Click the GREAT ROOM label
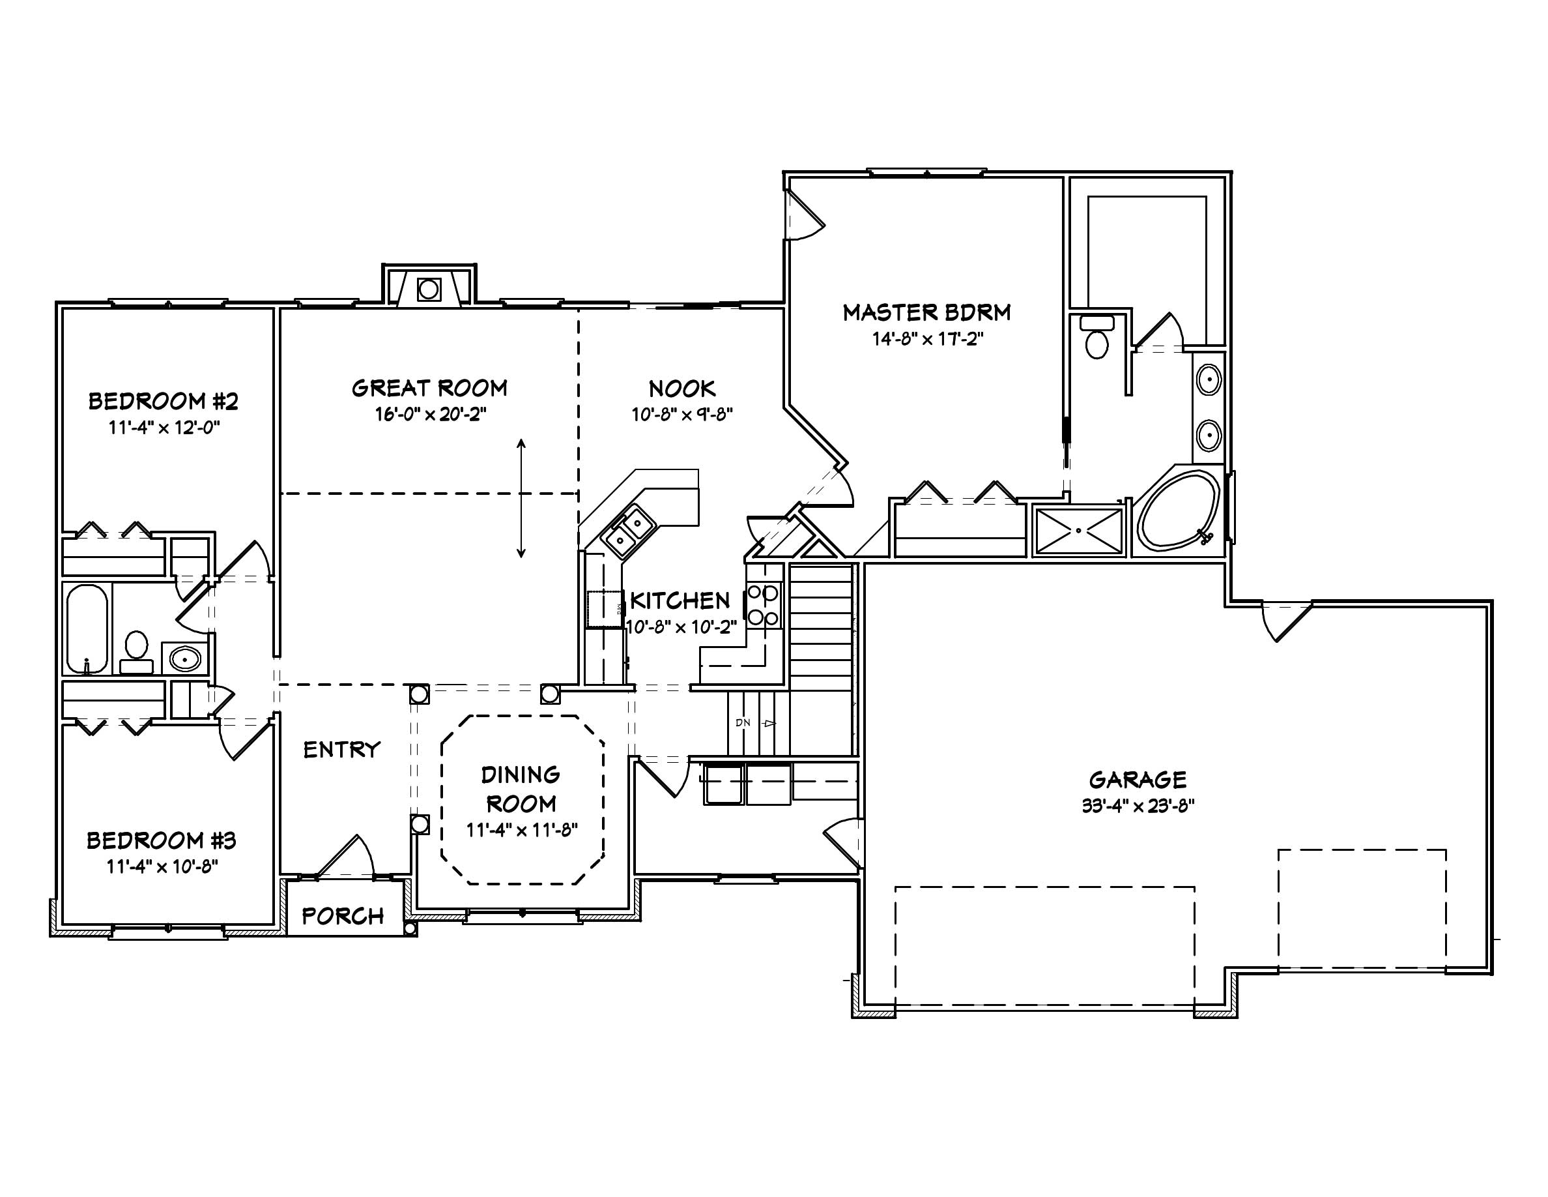429,388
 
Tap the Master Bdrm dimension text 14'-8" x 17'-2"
927,340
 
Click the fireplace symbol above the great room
429,289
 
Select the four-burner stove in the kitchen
764,604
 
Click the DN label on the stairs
743,722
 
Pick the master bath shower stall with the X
1078,531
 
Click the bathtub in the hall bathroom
87,628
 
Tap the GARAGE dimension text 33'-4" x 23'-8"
1138,807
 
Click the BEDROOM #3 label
161,841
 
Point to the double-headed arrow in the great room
521,499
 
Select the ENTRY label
341,750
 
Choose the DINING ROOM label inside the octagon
521,788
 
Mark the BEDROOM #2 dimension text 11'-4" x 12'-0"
164,428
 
